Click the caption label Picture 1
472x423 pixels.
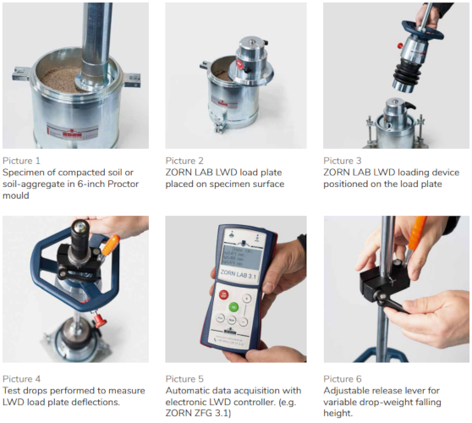21,161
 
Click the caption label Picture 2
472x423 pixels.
184,161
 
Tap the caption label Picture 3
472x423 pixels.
343,161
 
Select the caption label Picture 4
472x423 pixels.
21,379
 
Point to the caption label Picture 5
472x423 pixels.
184,379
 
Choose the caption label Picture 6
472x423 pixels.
343,379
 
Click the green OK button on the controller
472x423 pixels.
234,307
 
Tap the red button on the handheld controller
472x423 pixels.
223,294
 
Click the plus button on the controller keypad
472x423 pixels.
247,299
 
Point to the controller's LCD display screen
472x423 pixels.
242,255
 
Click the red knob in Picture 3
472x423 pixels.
400,46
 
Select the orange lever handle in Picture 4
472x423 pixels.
111,244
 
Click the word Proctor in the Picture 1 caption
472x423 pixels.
123,184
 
